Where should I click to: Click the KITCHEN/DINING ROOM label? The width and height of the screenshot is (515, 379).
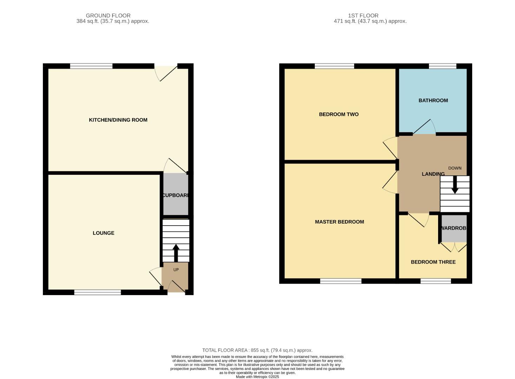[118, 120]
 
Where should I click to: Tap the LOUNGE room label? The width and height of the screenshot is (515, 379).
[103, 233]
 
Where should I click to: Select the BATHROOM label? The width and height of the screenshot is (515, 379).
[433, 100]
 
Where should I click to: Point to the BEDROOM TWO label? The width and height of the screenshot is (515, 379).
[338, 114]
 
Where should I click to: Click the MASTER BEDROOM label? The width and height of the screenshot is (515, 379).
[339, 222]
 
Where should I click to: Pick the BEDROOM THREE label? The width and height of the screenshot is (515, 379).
[433, 262]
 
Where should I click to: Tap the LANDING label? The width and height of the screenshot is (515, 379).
[433, 174]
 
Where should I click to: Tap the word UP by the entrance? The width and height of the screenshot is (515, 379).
[176, 270]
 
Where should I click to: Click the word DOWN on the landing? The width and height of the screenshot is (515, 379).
[455, 168]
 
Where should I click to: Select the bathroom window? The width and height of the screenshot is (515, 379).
[442, 66]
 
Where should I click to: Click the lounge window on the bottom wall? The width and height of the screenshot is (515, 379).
[97, 292]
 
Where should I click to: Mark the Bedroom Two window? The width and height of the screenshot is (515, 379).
[334, 66]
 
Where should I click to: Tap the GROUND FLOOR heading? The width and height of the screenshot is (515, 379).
[108, 15]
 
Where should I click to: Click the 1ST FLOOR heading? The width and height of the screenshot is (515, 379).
[363, 15]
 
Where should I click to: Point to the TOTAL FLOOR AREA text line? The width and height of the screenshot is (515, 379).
[257, 350]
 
